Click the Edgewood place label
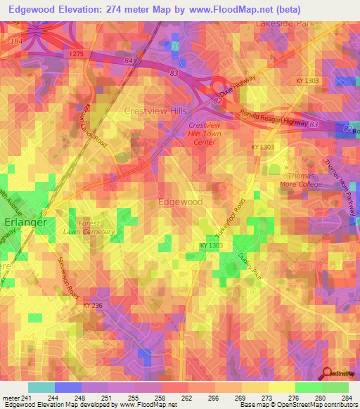click(181, 202)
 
